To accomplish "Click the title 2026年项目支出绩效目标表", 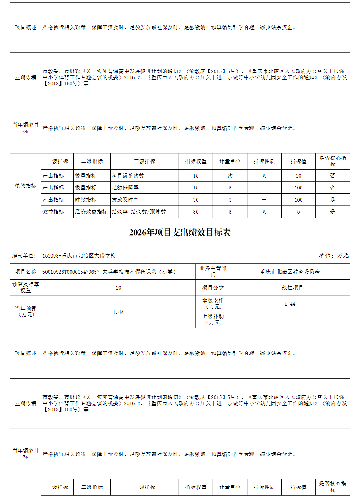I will point(180,233).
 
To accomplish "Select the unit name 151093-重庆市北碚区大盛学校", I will point(79,256).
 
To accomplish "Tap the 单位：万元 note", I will point(334,255).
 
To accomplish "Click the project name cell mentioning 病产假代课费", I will point(109,272).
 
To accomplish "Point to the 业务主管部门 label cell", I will point(213,272).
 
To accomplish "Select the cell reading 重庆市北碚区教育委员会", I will point(290,272).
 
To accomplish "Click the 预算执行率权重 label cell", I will point(26,288).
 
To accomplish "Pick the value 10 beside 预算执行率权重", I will point(118,288).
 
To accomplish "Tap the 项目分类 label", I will point(213,288).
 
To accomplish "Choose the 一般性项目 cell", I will point(290,288).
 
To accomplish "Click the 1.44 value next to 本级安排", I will point(290,304).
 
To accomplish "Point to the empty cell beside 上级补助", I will point(290,320).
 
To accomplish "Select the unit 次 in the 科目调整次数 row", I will point(230,176).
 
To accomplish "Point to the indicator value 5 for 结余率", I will point(298,212).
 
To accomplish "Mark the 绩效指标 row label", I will point(26,186).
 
